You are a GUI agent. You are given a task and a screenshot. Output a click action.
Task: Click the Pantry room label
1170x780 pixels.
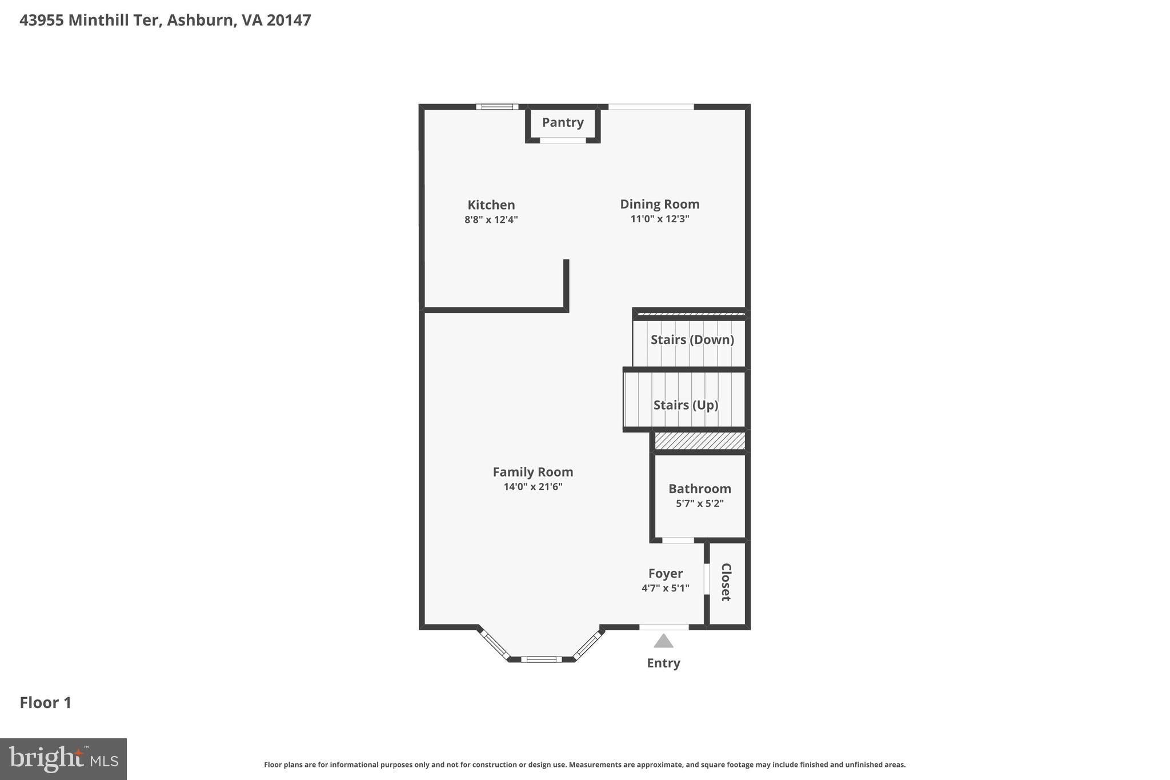click(563, 122)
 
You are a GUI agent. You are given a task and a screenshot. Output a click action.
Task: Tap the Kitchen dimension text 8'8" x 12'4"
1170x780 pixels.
click(491, 219)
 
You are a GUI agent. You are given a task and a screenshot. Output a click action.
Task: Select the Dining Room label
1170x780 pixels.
click(659, 204)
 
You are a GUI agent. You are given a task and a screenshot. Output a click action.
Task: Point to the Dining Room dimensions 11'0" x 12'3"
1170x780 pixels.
click(659, 219)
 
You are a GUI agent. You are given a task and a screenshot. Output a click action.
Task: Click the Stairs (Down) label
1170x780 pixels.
click(692, 339)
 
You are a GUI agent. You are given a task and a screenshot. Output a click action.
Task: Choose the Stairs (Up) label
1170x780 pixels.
click(686, 405)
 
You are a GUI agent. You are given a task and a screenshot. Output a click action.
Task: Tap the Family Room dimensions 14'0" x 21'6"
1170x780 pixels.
click(532, 487)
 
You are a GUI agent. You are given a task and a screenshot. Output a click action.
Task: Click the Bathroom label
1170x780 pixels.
click(699, 489)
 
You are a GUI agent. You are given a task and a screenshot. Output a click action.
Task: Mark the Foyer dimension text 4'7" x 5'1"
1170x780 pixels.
click(665, 588)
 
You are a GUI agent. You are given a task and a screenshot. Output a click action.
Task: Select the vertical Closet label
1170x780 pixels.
click(726, 582)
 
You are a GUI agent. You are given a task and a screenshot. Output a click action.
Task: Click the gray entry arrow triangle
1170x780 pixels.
click(663, 641)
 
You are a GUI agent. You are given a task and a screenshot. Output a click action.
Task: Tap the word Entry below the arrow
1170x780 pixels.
click(663, 663)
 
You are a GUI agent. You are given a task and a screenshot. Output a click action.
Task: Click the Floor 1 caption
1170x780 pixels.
click(46, 702)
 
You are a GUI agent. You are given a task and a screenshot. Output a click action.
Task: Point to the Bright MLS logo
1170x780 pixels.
click(63, 759)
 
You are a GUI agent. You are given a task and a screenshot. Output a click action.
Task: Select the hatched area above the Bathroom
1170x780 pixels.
click(699, 441)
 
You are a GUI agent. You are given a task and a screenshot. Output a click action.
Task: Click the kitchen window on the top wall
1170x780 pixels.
click(497, 107)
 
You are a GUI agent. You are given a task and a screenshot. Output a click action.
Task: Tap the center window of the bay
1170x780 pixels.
click(541, 659)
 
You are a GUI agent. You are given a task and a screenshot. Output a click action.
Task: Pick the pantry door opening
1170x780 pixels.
click(563, 140)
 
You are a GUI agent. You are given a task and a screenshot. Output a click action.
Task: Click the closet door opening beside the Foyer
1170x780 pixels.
click(707, 579)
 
